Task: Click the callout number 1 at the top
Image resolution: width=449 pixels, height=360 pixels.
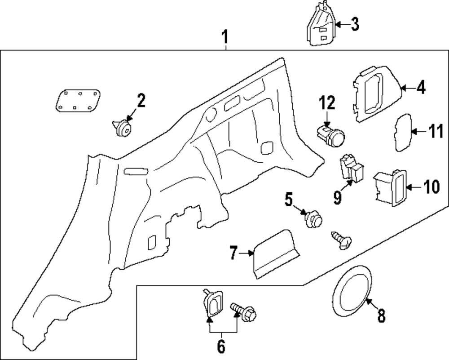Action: coord(225,37)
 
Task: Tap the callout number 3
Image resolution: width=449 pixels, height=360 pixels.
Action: coord(355,24)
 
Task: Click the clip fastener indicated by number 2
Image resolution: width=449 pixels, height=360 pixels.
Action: coord(122,128)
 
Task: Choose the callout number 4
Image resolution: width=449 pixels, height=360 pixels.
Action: coord(420,88)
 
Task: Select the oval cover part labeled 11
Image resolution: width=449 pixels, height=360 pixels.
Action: coord(403,133)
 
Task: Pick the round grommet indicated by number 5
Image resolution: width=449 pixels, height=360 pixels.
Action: coord(313,220)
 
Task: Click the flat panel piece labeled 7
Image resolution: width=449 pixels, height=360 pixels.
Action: coord(276,254)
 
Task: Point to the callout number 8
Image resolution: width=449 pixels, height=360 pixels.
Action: coord(381,316)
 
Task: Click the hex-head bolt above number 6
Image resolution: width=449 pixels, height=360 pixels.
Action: coord(244,312)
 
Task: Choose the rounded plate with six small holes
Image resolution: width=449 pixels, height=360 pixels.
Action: coord(78,100)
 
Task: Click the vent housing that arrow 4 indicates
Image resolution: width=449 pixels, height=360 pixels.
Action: coord(377,94)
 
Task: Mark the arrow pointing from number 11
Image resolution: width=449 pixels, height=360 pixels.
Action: coord(419,132)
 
